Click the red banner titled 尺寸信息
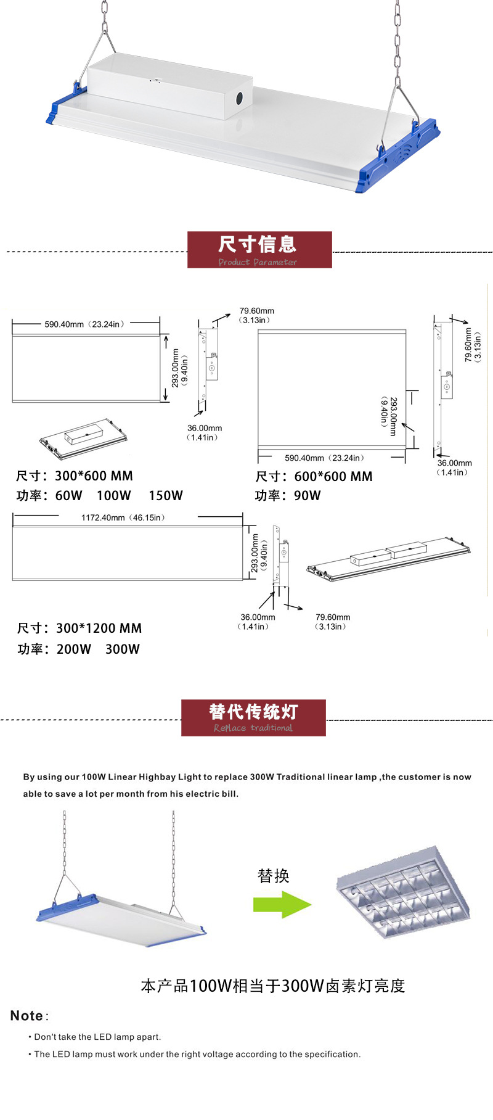pyautogui.click(x=259, y=250)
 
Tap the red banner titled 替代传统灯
pyautogui.click(x=253, y=717)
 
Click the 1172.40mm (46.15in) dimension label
pyautogui.click(x=123, y=517)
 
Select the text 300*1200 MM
pyautogui.click(x=99, y=628)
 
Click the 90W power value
pyautogui.click(x=308, y=495)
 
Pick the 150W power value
pyautogui.click(x=165, y=495)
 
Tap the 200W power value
pyautogui.click(x=74, y=649)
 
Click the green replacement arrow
pyautogui.click(x=282, y=905)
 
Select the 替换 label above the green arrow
pyautogui.click(x=273, y=876)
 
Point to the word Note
pyautogui.click(x=26, y=1016)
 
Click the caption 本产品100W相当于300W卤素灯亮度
pyautogui.click(x=273, y=986)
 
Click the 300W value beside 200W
pyautogui.click(x=123, y=649)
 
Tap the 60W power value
pyautogui.click(x=68, y=495)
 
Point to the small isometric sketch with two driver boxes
pyautogui.click(x=388, y=559)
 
